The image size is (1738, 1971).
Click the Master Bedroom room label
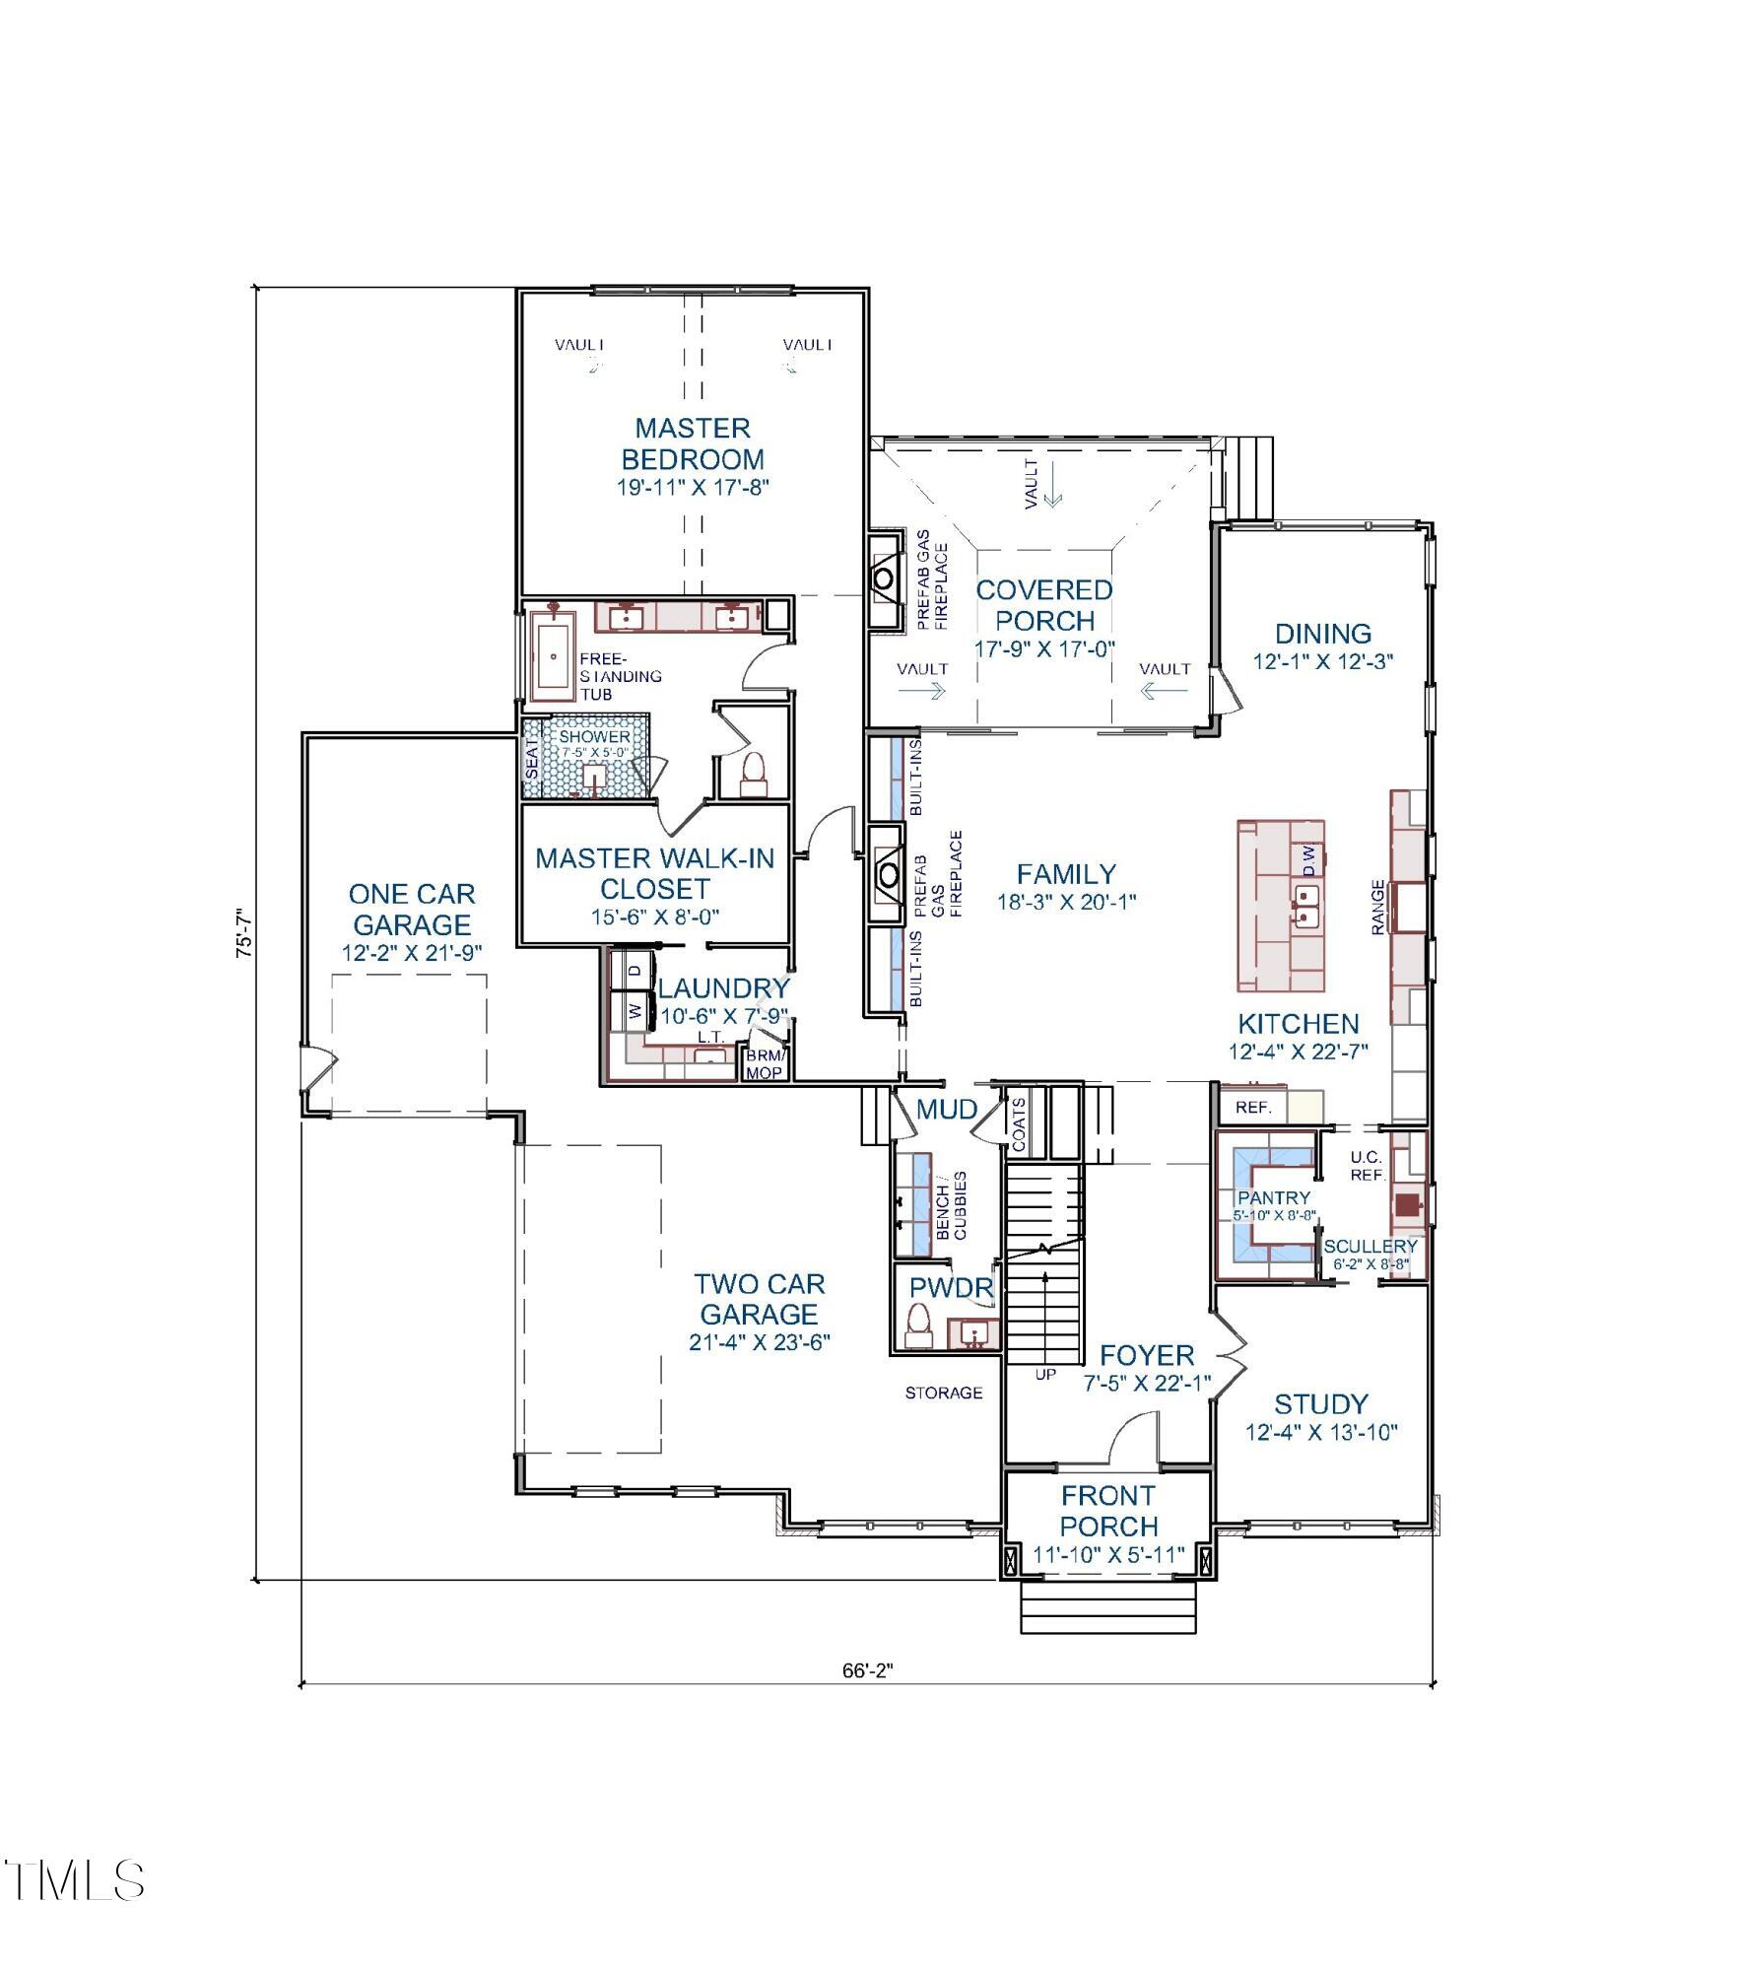coord(693,443)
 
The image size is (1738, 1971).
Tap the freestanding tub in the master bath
coord(555,655)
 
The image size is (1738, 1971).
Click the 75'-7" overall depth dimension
coord(245,932)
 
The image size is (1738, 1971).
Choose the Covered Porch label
coord(1044,605)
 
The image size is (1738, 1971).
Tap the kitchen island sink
coord(1306,905)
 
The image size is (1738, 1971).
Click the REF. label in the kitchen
coord(1253,1108)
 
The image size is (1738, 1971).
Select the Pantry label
coord(1274,1197)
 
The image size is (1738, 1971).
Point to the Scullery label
coord(1370,1247)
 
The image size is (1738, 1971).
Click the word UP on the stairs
coord(1045,1374)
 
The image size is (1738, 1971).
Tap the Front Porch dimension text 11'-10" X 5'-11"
coord(1108,1554)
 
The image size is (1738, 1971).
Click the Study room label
coord(1321,1403)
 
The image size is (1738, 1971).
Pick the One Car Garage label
coord(412,909)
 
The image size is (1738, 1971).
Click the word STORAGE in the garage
coord(944,1393)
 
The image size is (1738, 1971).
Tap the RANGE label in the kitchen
coord(1378,906)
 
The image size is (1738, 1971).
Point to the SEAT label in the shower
coord(532,757)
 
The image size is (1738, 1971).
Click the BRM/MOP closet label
coord(765,1063)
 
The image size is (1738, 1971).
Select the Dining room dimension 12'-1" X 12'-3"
coord(1323,661)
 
